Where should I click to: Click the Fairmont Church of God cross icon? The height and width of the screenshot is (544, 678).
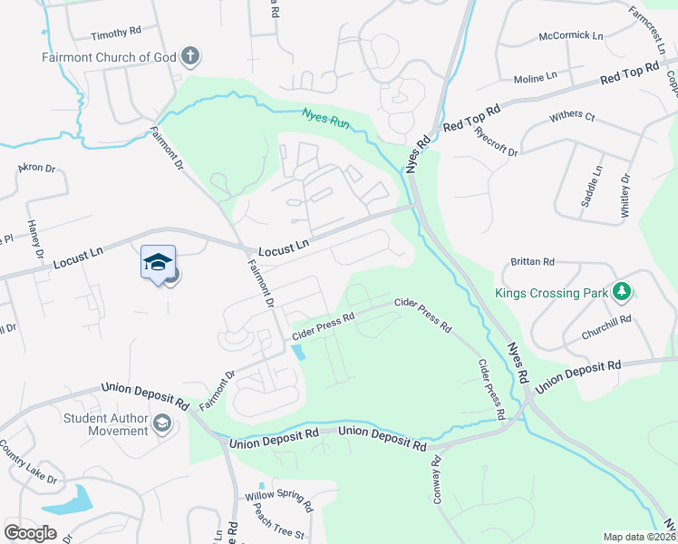coord(190,57)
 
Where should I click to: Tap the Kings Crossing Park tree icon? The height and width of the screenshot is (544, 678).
coord(621,292)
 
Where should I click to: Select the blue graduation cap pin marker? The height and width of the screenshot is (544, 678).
coord(158,262)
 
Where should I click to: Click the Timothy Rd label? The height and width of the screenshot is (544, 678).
coord(116,33)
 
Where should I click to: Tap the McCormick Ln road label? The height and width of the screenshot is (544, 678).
coord(570,36)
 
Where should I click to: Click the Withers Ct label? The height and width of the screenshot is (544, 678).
coord(572,117)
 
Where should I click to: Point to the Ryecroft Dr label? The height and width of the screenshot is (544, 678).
coord(495,140)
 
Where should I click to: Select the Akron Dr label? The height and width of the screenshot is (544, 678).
coord(37,169)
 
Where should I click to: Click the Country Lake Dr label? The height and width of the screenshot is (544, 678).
coord(28,462)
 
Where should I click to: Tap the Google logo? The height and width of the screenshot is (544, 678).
coord(31,532)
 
